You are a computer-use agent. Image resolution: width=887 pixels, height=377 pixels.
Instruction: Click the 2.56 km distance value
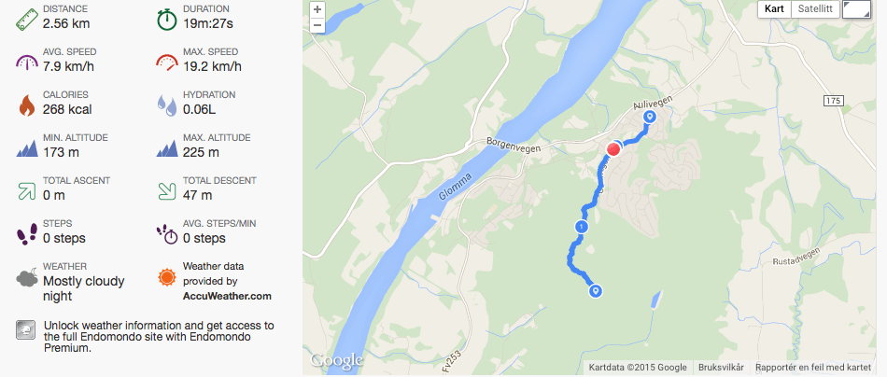coord(68,23)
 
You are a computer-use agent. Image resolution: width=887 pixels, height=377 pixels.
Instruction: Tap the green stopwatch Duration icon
coord(167,18)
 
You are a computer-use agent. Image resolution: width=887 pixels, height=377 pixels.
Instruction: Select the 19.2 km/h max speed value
coord(215,66)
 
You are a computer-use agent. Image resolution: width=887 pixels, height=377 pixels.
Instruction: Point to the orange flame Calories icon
coord(26,104)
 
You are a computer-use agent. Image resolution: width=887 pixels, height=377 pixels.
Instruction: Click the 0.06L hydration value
coord(203,109)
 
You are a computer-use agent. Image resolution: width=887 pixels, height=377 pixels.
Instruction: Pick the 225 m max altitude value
coord(201,152)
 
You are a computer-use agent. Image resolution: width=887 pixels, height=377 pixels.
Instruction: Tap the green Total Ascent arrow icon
coord(26,189)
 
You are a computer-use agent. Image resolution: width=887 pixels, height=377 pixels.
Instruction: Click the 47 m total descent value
coord(197,195)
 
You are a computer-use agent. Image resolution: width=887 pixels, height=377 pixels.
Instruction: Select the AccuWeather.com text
coord(227,296)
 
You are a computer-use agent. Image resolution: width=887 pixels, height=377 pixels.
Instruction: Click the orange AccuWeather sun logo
coord(166,277)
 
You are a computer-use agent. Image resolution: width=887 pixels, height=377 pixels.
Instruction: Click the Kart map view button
coord(774,9)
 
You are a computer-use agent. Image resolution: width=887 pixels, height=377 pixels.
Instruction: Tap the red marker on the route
coord(614,149)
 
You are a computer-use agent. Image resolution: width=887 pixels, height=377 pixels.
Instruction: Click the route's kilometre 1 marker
coord(582,227)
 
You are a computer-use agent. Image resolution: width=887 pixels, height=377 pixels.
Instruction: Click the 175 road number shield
coord(834,99)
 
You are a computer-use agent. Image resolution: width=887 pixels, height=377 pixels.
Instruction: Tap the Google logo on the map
coord(335,360)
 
